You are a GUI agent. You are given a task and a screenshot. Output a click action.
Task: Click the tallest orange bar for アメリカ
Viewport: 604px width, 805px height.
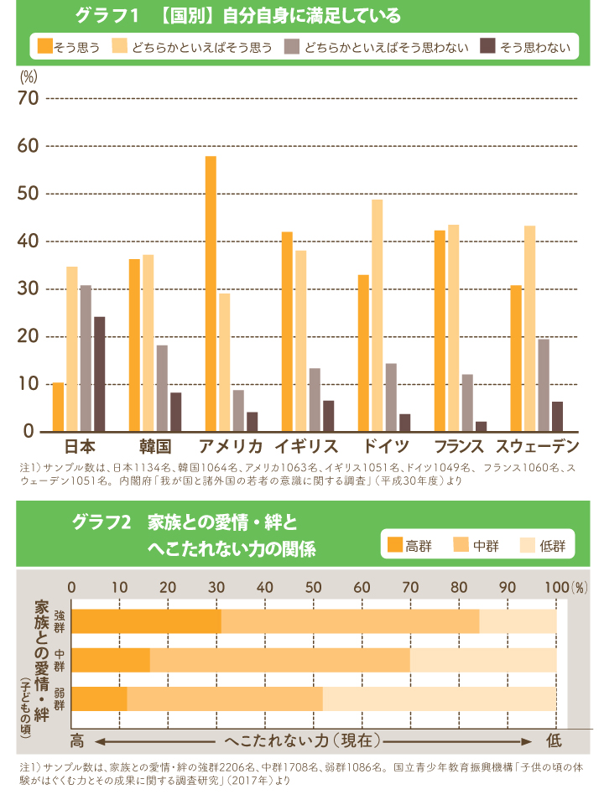tap(211, 293)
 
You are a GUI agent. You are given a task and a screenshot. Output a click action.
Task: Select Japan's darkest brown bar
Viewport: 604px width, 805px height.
tap(99, 374)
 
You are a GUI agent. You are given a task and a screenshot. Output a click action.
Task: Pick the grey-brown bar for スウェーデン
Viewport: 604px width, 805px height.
tap(544, 385)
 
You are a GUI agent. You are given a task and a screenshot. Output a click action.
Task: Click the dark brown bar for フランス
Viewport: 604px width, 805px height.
tap(481, 427)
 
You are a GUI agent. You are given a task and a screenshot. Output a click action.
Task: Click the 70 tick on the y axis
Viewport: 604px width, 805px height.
tap(29, 99)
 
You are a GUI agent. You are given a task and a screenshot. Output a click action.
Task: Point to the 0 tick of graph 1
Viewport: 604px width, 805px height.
tap(29, 432)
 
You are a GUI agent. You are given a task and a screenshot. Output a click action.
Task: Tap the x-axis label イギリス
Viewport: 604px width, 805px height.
tap(306, 445)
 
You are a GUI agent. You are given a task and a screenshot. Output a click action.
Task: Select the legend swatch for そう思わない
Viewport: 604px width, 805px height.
tap(487, 47)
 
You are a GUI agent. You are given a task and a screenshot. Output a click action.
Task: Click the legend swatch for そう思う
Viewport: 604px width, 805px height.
tap(44, 47)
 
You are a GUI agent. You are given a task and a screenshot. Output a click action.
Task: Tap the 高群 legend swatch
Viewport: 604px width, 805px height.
tap(395, 546)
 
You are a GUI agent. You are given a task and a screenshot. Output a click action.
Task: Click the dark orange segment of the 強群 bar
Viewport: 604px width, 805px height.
tap(146, 621)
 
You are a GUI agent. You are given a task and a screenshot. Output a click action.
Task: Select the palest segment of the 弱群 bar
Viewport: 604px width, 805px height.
tap(439, 699)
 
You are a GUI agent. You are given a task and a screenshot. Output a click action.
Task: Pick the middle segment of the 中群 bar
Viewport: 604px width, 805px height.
tap(280, 660)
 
